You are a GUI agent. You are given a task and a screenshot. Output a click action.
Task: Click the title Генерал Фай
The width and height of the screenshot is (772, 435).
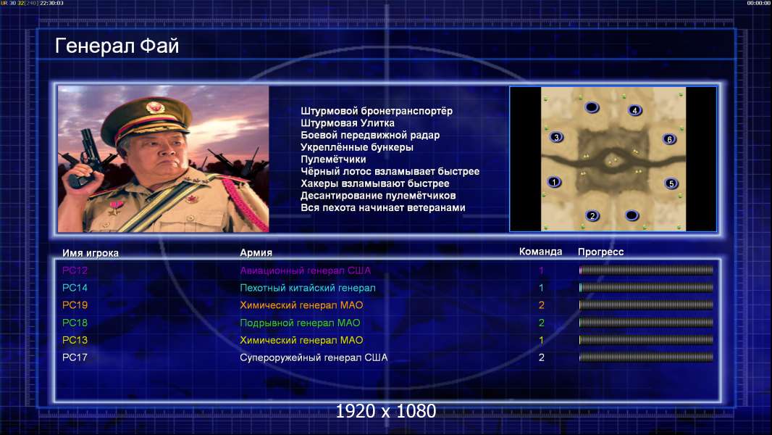tap(117, 46)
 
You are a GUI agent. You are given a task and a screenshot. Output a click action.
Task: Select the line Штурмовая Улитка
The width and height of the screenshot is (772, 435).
tap(348, 123)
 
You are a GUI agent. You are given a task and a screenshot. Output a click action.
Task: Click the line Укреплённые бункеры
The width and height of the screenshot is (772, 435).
tap(357, 147)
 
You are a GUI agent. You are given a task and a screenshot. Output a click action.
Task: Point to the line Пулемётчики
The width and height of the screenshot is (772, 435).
tap(333, 159)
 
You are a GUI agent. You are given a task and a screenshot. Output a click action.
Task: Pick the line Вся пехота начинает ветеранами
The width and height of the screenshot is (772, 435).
tap(383, 207)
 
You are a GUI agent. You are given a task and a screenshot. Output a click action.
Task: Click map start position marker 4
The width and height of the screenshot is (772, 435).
tap(634, 110)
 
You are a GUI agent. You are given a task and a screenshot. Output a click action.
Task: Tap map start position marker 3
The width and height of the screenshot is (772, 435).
tap(556, 137)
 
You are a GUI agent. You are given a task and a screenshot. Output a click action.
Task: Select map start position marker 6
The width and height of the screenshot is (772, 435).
tap(670, 139)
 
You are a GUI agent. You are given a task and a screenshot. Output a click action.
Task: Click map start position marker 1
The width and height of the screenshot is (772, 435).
tap(554, 182)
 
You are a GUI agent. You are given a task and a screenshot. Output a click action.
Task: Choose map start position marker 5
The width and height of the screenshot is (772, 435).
tap(671, 183)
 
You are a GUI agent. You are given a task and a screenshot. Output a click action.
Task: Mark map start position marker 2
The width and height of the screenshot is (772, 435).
tap(592, 215)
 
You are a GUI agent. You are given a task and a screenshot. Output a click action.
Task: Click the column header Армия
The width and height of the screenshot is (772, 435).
tap(256, 252)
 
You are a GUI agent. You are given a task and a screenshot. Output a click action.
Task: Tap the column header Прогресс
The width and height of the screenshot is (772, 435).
tap(600, 252)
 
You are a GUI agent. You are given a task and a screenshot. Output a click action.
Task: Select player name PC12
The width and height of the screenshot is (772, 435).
tap(75, 270)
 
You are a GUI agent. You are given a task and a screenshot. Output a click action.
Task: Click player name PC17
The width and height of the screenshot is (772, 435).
tap(75, 357)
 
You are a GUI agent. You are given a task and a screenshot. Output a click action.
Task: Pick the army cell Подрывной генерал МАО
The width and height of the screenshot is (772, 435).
tap(300, 323)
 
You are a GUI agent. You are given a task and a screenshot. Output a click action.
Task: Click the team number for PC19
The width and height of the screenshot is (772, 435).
tap(541, 305)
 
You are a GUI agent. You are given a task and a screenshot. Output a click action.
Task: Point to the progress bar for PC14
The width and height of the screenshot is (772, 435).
tap(646, 287)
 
